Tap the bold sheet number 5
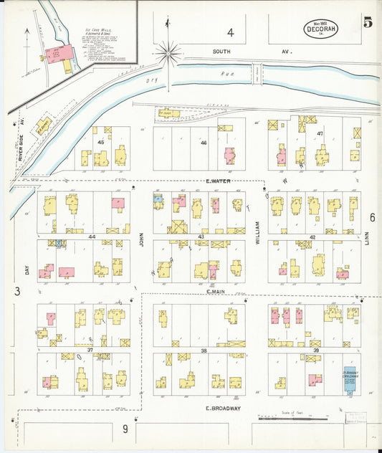tap(367, 22)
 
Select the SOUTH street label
tap(224, 52)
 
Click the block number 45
tap(101, 142)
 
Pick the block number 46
tap(204, 143)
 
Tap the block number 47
tap(320, 133)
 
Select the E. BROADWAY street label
tap(222, 408)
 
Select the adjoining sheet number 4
tap(230, 32)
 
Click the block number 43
tap(201, 237)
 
